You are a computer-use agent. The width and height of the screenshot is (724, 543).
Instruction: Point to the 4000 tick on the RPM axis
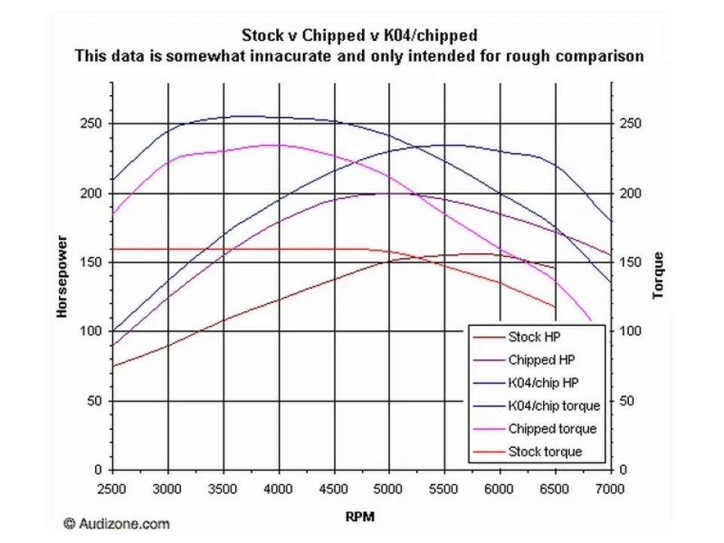[x=278, y=489]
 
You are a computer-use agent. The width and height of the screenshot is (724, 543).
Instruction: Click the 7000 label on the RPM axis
[x=610, y=489]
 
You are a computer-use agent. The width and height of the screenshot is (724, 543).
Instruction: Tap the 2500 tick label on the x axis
[x=112, y=489]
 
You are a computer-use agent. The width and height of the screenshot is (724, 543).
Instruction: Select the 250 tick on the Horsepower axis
[x=91, y=124]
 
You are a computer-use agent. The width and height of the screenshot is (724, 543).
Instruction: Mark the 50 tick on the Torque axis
[x=627, y=400]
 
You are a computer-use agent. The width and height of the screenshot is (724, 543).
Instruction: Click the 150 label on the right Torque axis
[x=630, y=262]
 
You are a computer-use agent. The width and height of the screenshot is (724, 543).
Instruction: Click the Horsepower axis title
[x=62, y=277]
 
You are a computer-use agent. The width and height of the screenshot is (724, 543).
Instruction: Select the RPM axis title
[x=360, y=517]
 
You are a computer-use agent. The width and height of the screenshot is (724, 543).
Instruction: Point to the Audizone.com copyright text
[x=117, y=523]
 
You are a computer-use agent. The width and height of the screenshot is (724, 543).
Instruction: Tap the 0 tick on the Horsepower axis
[x=98, y=470]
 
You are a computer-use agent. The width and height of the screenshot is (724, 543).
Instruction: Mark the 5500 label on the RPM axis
[x=443, y=489]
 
